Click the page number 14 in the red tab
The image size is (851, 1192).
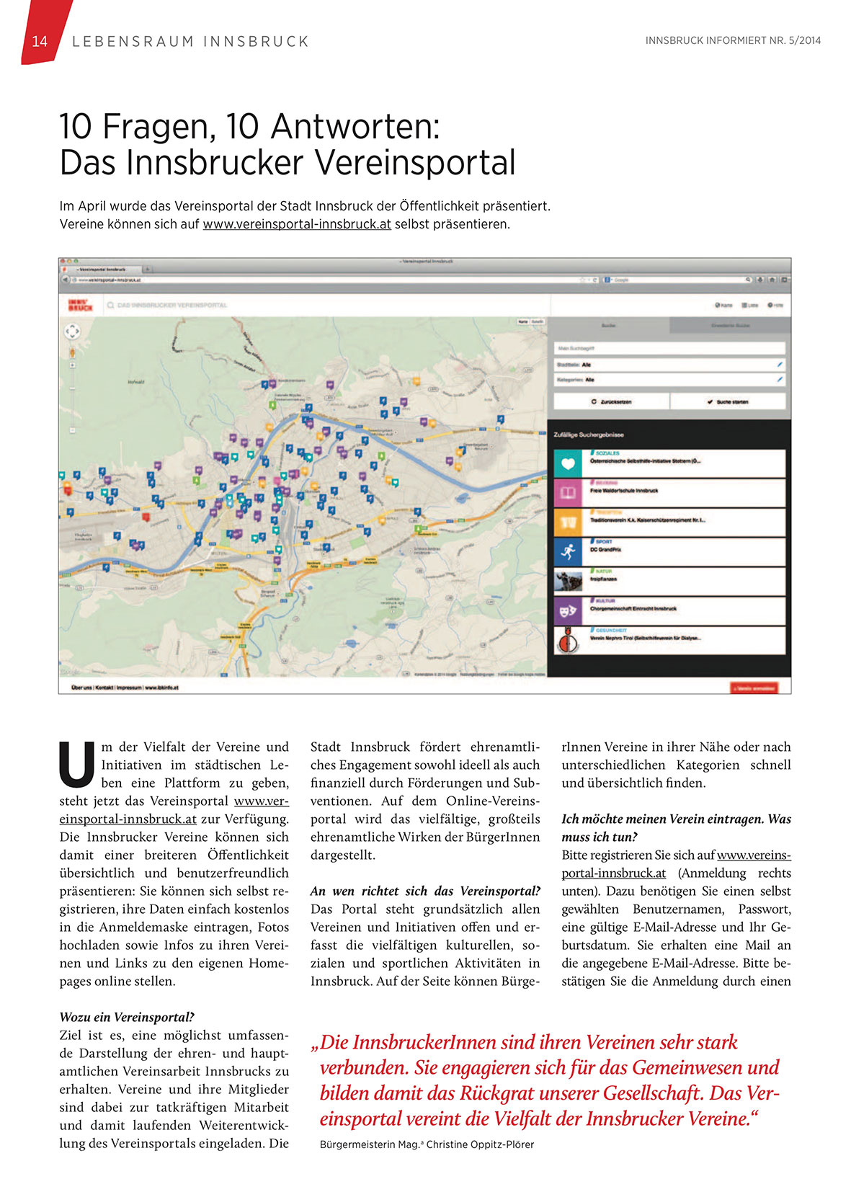click(x=40, y=41)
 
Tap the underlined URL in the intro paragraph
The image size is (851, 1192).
click(x=297, y=224)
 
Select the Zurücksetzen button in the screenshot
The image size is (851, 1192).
click(x=611, y=401)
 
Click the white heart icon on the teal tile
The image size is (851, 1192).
click(x=568, y=463)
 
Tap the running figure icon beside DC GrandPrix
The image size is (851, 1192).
click(x=568, y=551)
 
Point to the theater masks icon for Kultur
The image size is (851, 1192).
click(x=568, y=610)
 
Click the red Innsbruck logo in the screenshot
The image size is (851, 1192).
click(x=80, y=306)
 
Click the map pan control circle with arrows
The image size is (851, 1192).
click(x=72, y=332)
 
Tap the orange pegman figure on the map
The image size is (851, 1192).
click(x=72, y=353)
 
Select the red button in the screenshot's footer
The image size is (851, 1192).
click(x=754, y=688)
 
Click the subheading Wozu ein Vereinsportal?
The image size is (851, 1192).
click(x=127, y=1018)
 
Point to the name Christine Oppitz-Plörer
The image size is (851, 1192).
click(x=480, y=1144)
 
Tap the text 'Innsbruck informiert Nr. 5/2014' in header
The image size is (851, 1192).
click(x=733, y=41)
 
